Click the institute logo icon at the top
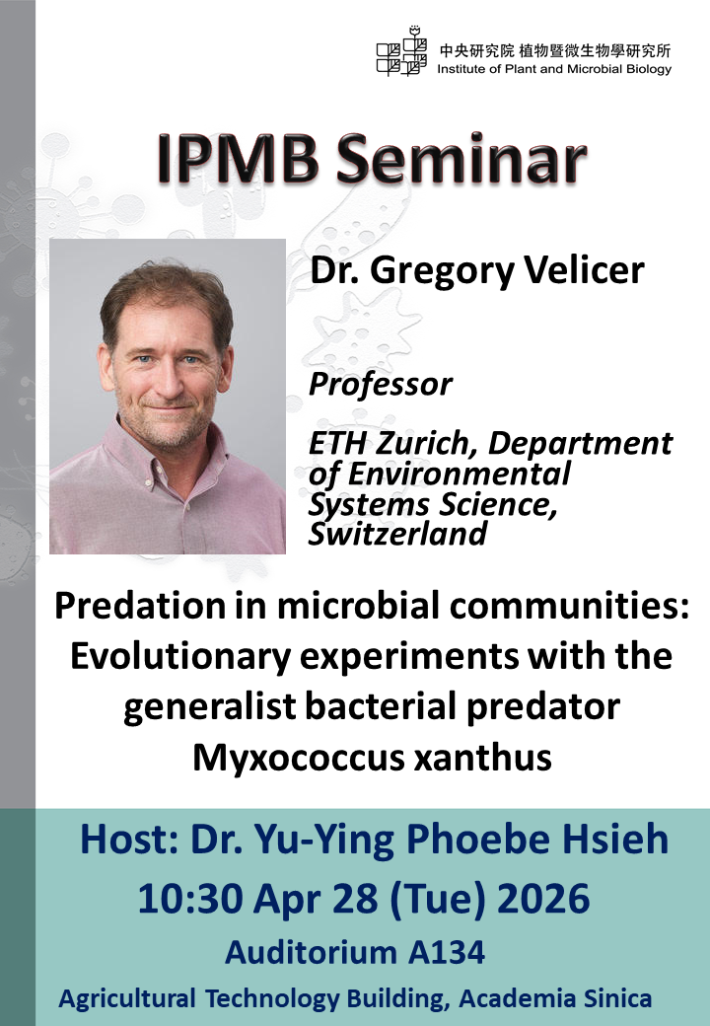click(401, 51)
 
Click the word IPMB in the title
click(238, 160)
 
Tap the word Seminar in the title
click(461, 160)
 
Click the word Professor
click(380, 385)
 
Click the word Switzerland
click(397, 534)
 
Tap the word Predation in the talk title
click(160, 606)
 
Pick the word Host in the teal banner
click(129, 840)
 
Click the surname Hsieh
click(613, 840)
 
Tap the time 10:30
click(189, 899)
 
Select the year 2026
click(543, 899)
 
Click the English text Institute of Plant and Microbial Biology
click(554, 69)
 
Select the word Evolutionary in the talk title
click(179, 656)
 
